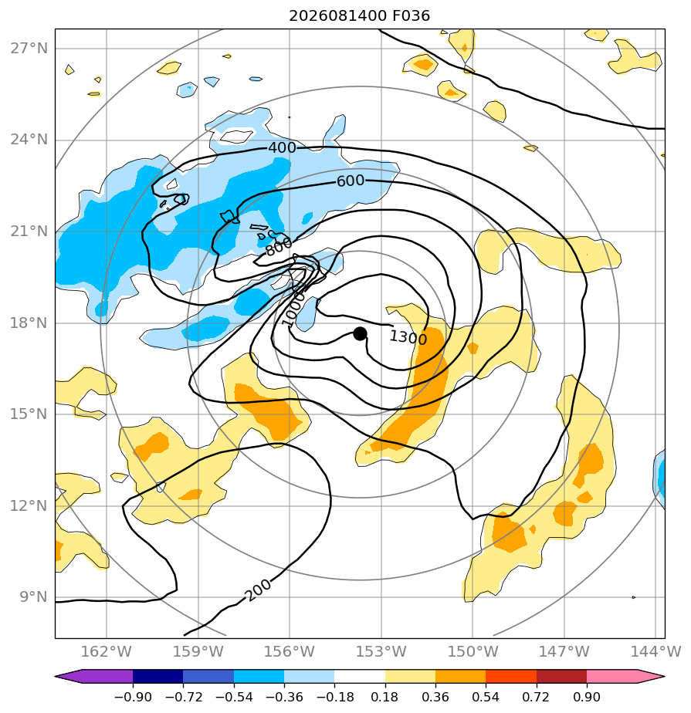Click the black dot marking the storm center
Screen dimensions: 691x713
360,334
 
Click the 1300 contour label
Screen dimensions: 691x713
408,337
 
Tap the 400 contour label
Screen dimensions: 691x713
282,148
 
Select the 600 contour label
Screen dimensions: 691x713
351,181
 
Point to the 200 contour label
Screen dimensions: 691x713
258,590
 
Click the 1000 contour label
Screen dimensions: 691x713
293,309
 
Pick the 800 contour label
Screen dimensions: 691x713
279,247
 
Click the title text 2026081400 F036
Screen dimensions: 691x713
359,16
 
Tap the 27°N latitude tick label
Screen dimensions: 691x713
29,48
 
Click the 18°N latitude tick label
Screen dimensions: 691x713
29,323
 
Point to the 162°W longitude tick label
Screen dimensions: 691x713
106,651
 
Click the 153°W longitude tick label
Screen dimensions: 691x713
381,651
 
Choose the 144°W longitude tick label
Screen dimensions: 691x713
655,651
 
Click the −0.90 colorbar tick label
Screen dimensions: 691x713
133,697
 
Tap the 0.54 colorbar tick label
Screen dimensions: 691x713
486,697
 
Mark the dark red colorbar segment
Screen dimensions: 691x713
561,676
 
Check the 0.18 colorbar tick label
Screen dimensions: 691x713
384,697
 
